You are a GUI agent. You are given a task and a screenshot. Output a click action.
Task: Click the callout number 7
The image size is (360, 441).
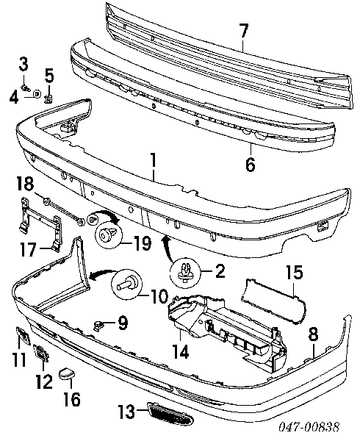[243, 31]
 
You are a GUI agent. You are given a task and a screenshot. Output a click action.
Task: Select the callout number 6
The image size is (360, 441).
[250, 164]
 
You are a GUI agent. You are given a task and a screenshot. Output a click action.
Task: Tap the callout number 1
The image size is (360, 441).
[153, 160]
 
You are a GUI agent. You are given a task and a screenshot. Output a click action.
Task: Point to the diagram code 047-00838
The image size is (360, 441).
[309, 427]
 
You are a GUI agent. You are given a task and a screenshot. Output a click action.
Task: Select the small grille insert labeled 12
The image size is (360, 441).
[41, 353]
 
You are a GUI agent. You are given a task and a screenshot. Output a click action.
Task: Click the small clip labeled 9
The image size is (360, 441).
[98, 326]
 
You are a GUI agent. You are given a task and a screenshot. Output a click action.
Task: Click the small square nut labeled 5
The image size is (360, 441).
[48, 99]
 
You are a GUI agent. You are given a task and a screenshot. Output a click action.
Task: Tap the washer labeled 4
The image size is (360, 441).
[37, 93]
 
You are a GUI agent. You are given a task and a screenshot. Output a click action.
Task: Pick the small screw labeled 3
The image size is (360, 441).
[26, 88]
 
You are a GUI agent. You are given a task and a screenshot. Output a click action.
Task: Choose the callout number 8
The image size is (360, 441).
[313, 334]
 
